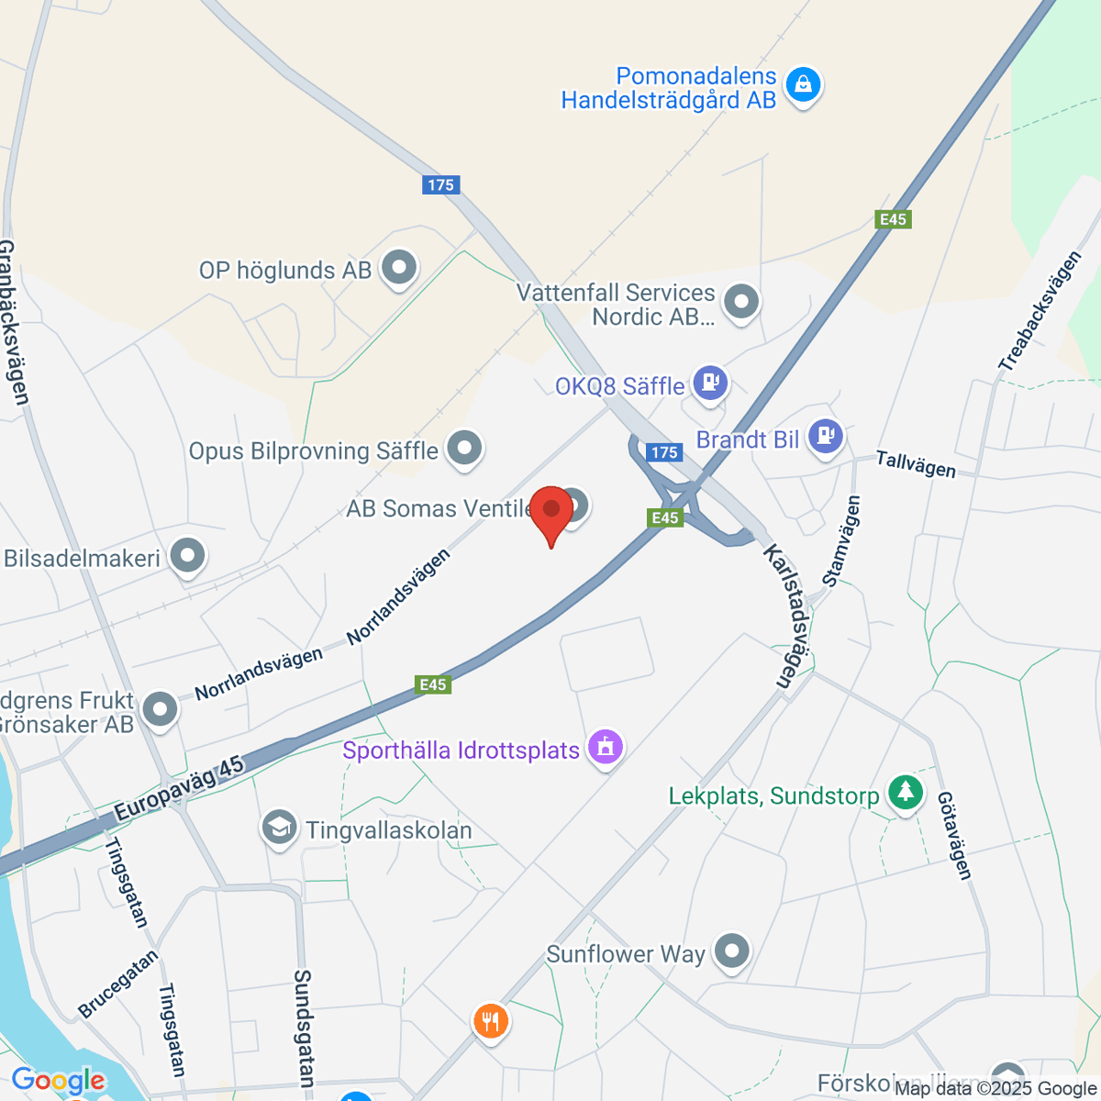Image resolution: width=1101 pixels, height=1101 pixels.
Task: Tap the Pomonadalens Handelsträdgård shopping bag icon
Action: (x=804, y=85)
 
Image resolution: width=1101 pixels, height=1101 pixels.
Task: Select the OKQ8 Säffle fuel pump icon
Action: (x=709, y=382)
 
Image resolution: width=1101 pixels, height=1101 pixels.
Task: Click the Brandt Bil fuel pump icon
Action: (x=826, y=435)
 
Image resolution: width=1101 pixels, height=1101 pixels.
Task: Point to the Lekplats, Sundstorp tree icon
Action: (x=906, y=792)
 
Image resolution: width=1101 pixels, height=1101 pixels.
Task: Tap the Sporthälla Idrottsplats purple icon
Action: (x=605, y=747)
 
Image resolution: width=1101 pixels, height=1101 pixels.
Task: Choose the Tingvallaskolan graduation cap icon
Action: (x=279, y=827)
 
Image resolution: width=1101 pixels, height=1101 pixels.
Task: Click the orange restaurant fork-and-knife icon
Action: (x=491, y=1020)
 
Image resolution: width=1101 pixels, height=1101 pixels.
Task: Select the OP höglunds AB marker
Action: (x=399, y=268)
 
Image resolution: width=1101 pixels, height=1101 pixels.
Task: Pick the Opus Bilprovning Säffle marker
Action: (x=464, y=449)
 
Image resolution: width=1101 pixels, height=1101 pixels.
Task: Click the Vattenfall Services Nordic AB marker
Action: (x=740, y=301)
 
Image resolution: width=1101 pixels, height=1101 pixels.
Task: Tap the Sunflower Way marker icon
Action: (x=731, y=951)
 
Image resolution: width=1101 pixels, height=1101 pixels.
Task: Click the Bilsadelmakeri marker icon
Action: (x=188, y=555)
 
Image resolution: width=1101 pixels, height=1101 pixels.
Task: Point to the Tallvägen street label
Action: (x=916, y=464)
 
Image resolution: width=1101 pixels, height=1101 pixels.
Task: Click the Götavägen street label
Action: (x=954, y=836)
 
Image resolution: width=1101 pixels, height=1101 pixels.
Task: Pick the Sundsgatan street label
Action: (x=305, y=1028)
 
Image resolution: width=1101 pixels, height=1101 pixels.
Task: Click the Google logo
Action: (x=58, y=1081)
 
